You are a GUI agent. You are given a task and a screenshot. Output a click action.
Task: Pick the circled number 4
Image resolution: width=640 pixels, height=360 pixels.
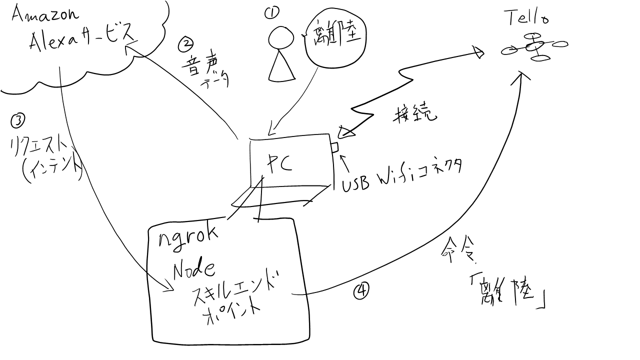point(361,291)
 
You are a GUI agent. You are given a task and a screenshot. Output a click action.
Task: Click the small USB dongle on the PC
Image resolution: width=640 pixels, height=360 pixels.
point(334,146)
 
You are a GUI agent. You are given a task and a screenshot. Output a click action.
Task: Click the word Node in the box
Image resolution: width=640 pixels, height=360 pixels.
point(194,270)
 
